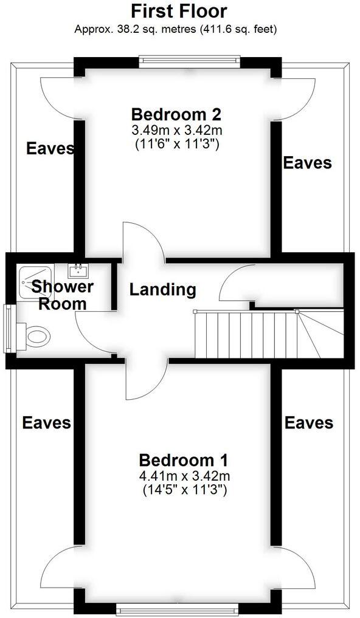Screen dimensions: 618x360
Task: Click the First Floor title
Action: pyautogui.click(x=179, y=11)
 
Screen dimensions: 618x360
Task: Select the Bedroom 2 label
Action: pyautogui.click(x=176, y=114)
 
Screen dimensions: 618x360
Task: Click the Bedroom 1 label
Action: pyautogui.click(x=184, y=459)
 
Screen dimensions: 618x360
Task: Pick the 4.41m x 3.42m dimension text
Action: pyautogui.click(x=184, y=475)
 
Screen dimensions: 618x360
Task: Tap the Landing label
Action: pyautogui.click(x=163, y=290)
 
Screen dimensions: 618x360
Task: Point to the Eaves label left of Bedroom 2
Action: pyautogui.click(x=50, y=148)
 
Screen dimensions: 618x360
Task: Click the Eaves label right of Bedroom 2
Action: pyautogui.click(x=308, y=162)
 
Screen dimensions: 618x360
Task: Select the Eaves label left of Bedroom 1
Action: pyautogui.click(x=46, y=422)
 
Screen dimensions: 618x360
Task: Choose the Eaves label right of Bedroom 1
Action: pyautogui.click(x=309, y=422)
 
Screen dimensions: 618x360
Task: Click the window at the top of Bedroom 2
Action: pyautogui.click(x=189, y=60)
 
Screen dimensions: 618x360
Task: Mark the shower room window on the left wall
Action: pyautogui.click(x=7, y=328)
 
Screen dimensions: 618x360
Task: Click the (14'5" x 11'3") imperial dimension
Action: pyautogui.click(x=184, y=490)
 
